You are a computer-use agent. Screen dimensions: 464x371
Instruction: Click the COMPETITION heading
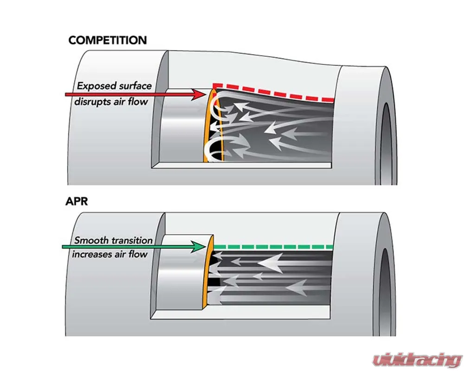[108, 40]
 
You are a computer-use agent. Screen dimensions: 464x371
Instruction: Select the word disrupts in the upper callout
[92, 102]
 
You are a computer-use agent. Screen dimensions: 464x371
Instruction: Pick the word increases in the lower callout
[91, 255]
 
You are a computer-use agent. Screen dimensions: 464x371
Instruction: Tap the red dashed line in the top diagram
[274, 92]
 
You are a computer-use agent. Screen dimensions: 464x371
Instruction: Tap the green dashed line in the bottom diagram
[273, 247]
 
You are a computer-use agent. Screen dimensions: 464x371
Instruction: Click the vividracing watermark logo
[417, 360]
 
